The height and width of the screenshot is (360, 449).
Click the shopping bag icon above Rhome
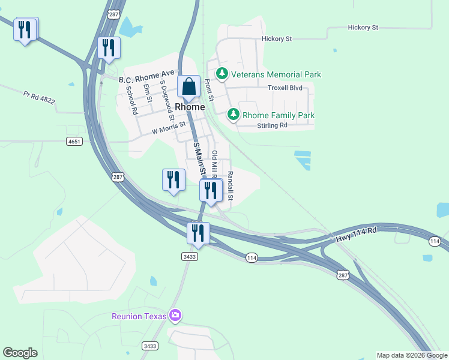(x=189, y=87)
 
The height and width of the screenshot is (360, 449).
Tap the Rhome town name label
(x=190, y=107)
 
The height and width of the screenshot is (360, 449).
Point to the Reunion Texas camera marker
(x=175, y=315)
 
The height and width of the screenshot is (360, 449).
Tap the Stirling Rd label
(x=272, y=125)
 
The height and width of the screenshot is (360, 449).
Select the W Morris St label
(x=169, y=129)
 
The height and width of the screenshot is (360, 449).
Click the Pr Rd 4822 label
(x=39, y=98)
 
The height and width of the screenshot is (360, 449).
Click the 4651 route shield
(x=74, y=141)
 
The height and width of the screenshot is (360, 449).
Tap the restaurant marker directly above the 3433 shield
(x=198, y=232)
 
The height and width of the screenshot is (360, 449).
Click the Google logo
(x=20, y=353)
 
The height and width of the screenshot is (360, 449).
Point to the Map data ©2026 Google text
(x=412, y=355)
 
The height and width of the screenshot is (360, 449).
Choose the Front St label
(x=210, y=91)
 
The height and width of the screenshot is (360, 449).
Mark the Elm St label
(x=148, y=94)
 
